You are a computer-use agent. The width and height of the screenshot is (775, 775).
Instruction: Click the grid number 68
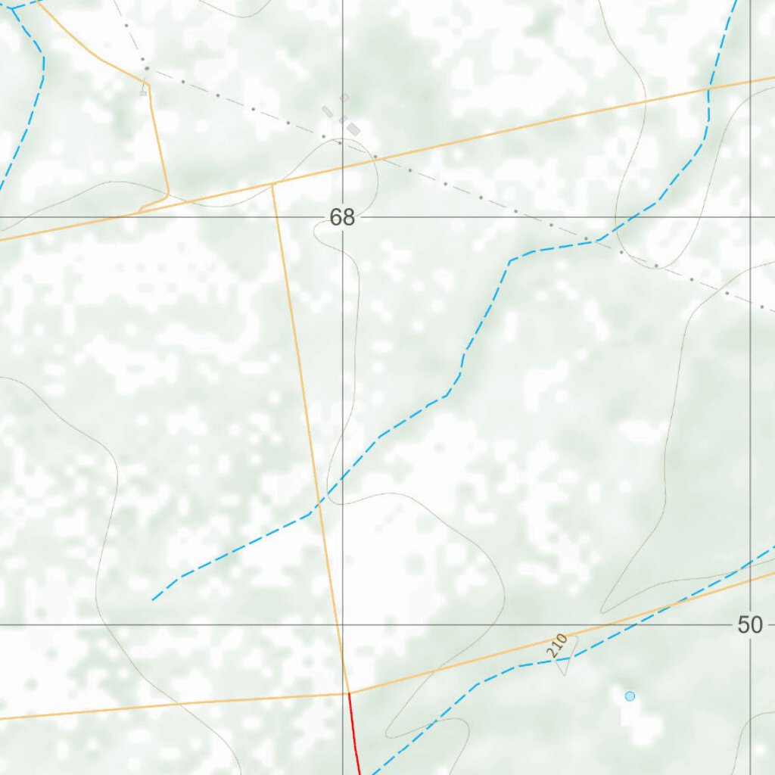[342, 218]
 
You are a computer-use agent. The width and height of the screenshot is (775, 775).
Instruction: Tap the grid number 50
[749, 625]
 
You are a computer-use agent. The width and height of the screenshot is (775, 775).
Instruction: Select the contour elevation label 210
[557, 646]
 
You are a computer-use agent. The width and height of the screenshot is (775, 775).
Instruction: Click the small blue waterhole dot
[630, 696]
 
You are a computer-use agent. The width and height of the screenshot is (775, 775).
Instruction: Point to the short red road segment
[353, 733]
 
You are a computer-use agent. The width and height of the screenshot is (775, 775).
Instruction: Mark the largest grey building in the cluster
[353, 129]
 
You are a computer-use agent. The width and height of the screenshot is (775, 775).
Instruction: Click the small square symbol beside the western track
[143, 93]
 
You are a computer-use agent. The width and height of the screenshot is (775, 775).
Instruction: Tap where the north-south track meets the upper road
[272, 183]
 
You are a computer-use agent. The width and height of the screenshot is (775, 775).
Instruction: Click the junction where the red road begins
[349, 693]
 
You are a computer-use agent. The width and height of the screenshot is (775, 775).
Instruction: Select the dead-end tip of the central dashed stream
[152, 600]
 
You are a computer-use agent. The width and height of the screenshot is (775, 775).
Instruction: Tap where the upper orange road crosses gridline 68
[343, 167]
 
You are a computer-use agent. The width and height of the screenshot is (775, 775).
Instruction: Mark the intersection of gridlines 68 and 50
[343, 625]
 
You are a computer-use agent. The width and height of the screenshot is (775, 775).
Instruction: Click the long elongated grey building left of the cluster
[328, 112]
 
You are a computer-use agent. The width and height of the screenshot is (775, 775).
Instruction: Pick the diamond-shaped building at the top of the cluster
[344, 98]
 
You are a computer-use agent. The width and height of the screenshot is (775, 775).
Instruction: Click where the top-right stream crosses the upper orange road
[708, 89]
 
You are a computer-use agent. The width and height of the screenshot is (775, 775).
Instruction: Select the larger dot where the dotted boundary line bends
[146, 68]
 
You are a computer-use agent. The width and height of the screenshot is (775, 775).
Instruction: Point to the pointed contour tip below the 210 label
[563, 674]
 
